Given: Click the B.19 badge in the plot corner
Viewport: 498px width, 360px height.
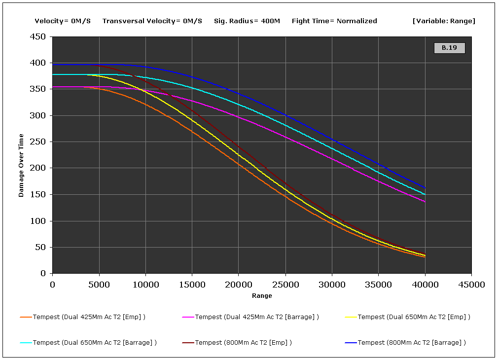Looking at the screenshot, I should coord(449,48).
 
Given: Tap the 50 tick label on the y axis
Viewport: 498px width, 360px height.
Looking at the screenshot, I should coord(41,248).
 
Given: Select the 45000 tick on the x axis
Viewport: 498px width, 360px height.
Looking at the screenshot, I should coord(471,285).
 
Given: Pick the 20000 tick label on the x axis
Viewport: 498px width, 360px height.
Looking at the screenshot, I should coord(239,285).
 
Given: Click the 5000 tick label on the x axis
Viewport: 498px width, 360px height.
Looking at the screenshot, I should coord(99,285).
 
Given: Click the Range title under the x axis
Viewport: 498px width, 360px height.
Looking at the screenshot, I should coord(262,296).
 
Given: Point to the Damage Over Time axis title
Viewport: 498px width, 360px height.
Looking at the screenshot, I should coord(21,165).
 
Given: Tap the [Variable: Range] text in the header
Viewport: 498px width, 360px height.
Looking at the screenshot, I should coord(444,21).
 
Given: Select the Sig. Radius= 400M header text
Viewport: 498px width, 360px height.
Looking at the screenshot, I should coord(247,21).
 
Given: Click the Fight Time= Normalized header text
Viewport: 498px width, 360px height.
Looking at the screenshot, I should coord(334,21).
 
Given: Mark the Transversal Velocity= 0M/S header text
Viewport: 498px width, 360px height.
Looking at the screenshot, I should coord(152,21).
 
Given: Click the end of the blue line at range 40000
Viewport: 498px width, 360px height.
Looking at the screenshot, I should coord(425,188).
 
